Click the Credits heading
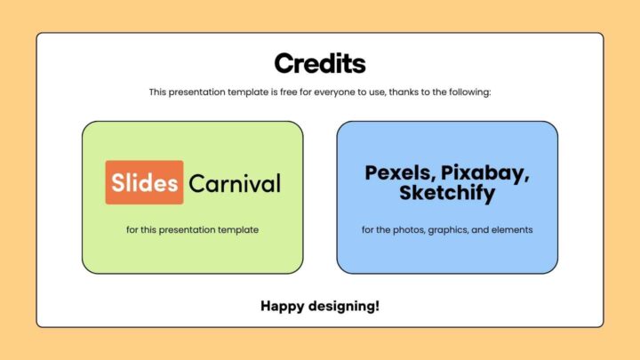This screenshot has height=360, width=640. [319, 64]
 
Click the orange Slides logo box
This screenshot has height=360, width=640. [145, 183]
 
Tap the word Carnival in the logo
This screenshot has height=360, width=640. [235, 184]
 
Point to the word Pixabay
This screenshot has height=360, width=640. [486, 172]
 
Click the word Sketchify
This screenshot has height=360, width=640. [446, 193]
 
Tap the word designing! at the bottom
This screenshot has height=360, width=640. [348, 307]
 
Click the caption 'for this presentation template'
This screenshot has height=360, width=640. [192, 229]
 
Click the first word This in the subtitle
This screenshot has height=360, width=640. [157, 92]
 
